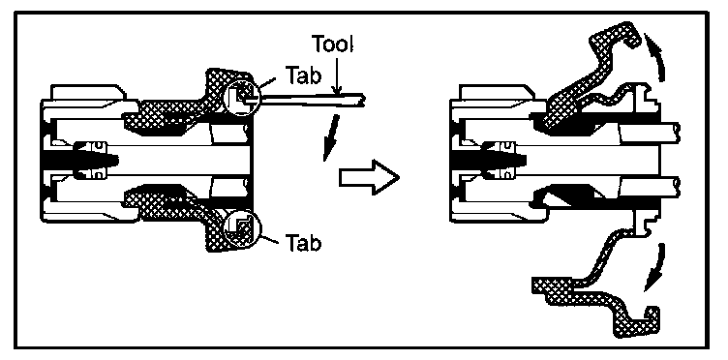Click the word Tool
(332, 45)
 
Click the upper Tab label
(303, 76)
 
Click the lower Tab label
(303, 243)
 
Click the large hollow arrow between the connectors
(369, 177)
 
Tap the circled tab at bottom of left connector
(242, 227)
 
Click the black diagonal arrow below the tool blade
(330, 138)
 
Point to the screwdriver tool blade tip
(364, 100)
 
